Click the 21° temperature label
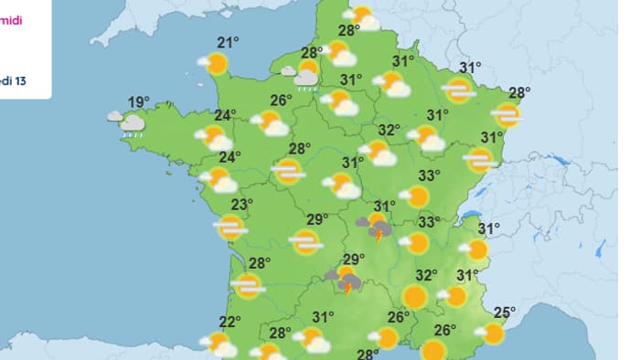tap(228, 42)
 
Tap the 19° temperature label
tap(139, 101)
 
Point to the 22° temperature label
tap(230, 321)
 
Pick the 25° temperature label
tap(503, 313)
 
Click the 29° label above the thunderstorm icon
tap(354, 259)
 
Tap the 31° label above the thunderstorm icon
tap(385, 206)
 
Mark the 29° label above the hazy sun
tap(317, 219)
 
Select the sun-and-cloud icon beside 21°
tap(214, 63)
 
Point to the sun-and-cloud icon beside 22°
tap(219, 344)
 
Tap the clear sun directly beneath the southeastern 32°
tap(414, 297)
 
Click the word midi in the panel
tap(13, 19)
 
